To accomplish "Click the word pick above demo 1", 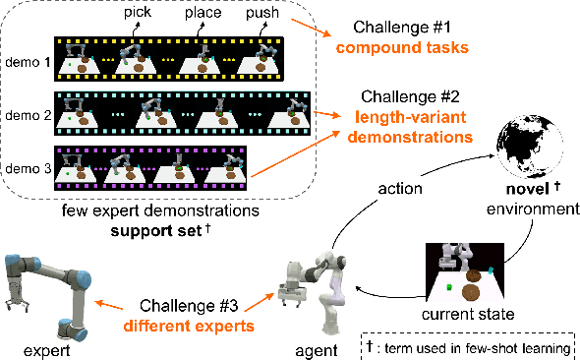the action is [138, 12].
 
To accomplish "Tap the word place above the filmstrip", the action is [203, 13].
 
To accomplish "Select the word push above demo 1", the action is [262, 13].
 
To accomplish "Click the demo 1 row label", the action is [29, 62].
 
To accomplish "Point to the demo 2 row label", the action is [29, 115].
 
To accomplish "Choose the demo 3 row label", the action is [29, 169].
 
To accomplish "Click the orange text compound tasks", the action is [402, 48].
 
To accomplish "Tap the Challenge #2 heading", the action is [410, 97].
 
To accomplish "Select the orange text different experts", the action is [189, 327].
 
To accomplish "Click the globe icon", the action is [530, 147].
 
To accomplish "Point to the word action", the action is [400, 189].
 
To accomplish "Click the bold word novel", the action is [528, 189].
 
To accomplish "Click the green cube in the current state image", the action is [449, 287].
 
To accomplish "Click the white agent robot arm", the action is [315, 291].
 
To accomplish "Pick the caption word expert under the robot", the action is [46, 351].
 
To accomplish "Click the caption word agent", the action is [317, 351].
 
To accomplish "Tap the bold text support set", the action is [156, 231].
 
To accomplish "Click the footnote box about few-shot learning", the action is [468, 346].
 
